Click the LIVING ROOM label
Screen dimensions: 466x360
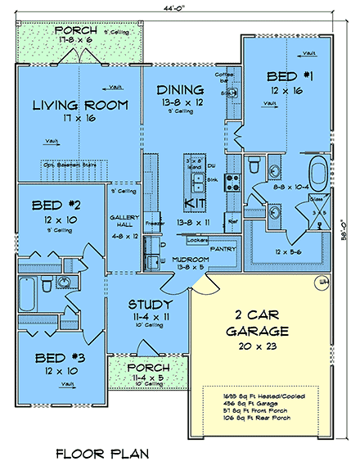point(79,105)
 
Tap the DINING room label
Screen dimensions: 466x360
point(182,89)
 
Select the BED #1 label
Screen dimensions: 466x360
point(284,77)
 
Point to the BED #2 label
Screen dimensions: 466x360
point(52,205)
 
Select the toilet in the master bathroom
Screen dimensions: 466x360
point(253,167)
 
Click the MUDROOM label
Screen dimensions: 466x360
point(188,259)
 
